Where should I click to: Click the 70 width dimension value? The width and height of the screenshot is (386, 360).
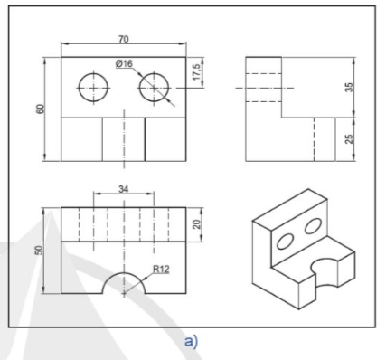pyautogui.click(x=124, y=39)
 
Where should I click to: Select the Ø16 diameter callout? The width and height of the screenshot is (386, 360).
pyautogui.click(x=124, y=63)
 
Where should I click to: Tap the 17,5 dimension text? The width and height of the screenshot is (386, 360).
pyautogui.click(x=197, y=72)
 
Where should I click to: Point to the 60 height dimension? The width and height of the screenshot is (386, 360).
pyautogui.click(x=41, y=109)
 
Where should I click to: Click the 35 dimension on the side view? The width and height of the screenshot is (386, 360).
pyautogui.click(x=349, y=87)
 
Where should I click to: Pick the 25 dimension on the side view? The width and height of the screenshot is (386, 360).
pyautogui.click(x=349, y=138)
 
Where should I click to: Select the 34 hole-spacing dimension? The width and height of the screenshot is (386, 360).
pyautogui.click(x=124, y=189)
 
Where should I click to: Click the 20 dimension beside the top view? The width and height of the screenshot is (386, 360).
pyautogui.click(x=197, y=224)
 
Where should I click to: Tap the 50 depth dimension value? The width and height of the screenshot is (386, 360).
pyautogui.click(x=40, y=251)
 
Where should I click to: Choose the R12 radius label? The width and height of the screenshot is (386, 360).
pyautogui.click(x=161, y=269)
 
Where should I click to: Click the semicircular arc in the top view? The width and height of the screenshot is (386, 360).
pyautogui.click(x=124, y=272)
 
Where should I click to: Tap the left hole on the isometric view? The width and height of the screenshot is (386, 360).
pyautogui.click(x=284, y=242)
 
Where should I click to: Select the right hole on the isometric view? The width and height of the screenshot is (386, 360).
pyautogui.click(x=313, y=225)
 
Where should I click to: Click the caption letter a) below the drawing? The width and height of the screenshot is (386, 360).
pyautogui.click(x=192, y=342)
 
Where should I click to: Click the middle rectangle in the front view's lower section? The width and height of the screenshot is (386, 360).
pyautogui.click(x=124, y=139)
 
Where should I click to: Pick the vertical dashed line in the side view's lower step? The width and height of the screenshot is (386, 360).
pyautogui.click(x=314, y=139)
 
